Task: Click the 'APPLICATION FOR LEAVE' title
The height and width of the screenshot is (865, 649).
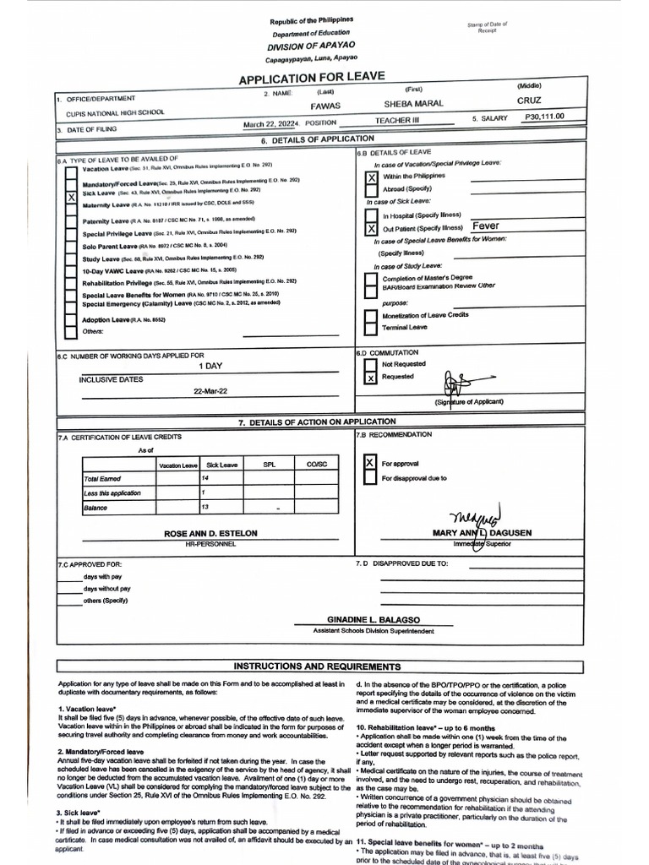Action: (312, 78)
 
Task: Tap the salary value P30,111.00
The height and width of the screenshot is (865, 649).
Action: (543, 117)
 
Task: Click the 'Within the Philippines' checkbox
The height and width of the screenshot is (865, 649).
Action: (370, 178)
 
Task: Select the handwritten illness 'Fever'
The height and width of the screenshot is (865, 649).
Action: (486, 226)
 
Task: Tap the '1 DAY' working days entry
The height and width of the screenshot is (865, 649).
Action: (211, 367)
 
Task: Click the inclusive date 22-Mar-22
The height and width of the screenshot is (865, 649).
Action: (211, 392)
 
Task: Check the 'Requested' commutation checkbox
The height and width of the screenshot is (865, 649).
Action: (370, 378)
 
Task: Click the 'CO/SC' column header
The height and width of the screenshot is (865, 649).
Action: (316, 464)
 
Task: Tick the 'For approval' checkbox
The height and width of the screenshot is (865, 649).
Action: (369, 464)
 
